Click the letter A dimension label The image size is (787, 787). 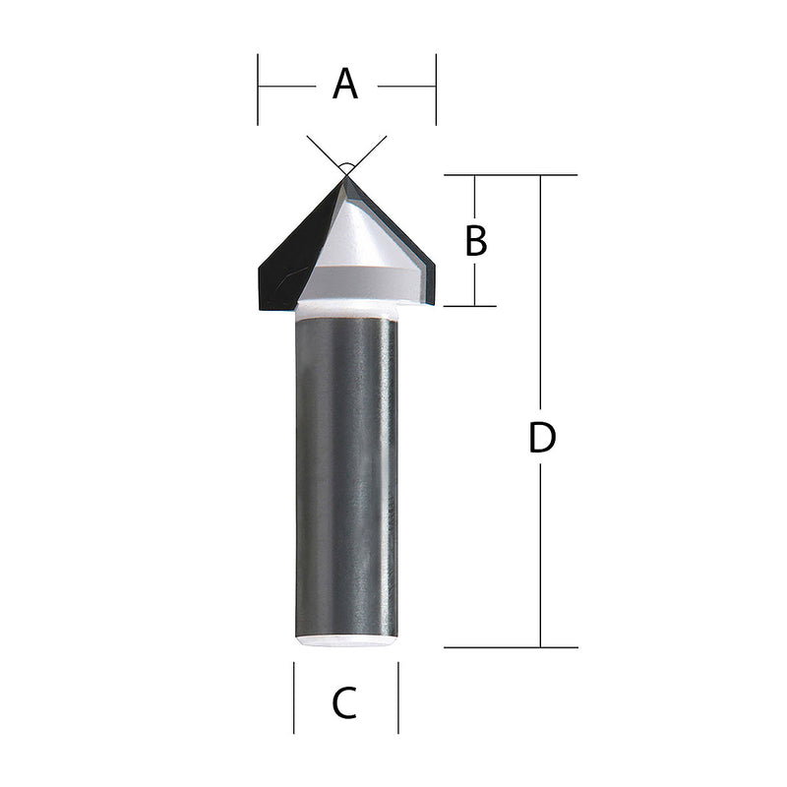[345, 85]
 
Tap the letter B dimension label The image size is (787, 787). [476, 241]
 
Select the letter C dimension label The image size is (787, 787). [344, 703]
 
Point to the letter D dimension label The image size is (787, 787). [542, 438]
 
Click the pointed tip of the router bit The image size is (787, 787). [345, 177]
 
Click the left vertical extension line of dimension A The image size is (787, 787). [258, 89]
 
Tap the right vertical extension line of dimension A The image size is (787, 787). [435, 89]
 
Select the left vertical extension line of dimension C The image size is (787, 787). [294, 698]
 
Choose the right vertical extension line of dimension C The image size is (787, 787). [398, 698]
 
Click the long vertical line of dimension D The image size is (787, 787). [540, 551]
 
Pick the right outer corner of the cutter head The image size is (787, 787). [434, 264]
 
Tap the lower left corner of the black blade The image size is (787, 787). [261, 308]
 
